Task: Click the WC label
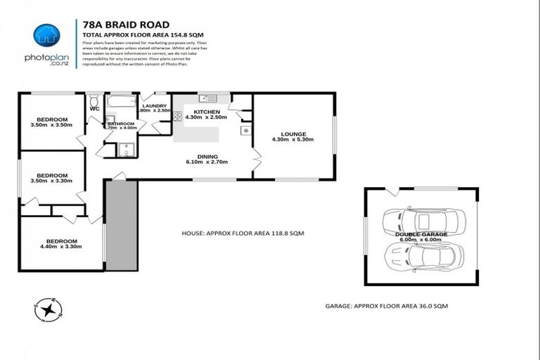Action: pos(94,109)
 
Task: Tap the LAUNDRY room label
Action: pos(155,106)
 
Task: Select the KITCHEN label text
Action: pos(207,112)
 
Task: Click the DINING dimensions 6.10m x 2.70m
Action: pos(207,162)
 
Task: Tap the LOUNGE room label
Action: pos(292,134)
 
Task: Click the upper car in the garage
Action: pos(413,221)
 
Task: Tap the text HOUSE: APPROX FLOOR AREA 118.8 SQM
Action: pos(243,233)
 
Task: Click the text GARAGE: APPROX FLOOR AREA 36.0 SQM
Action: pos(386,307)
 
